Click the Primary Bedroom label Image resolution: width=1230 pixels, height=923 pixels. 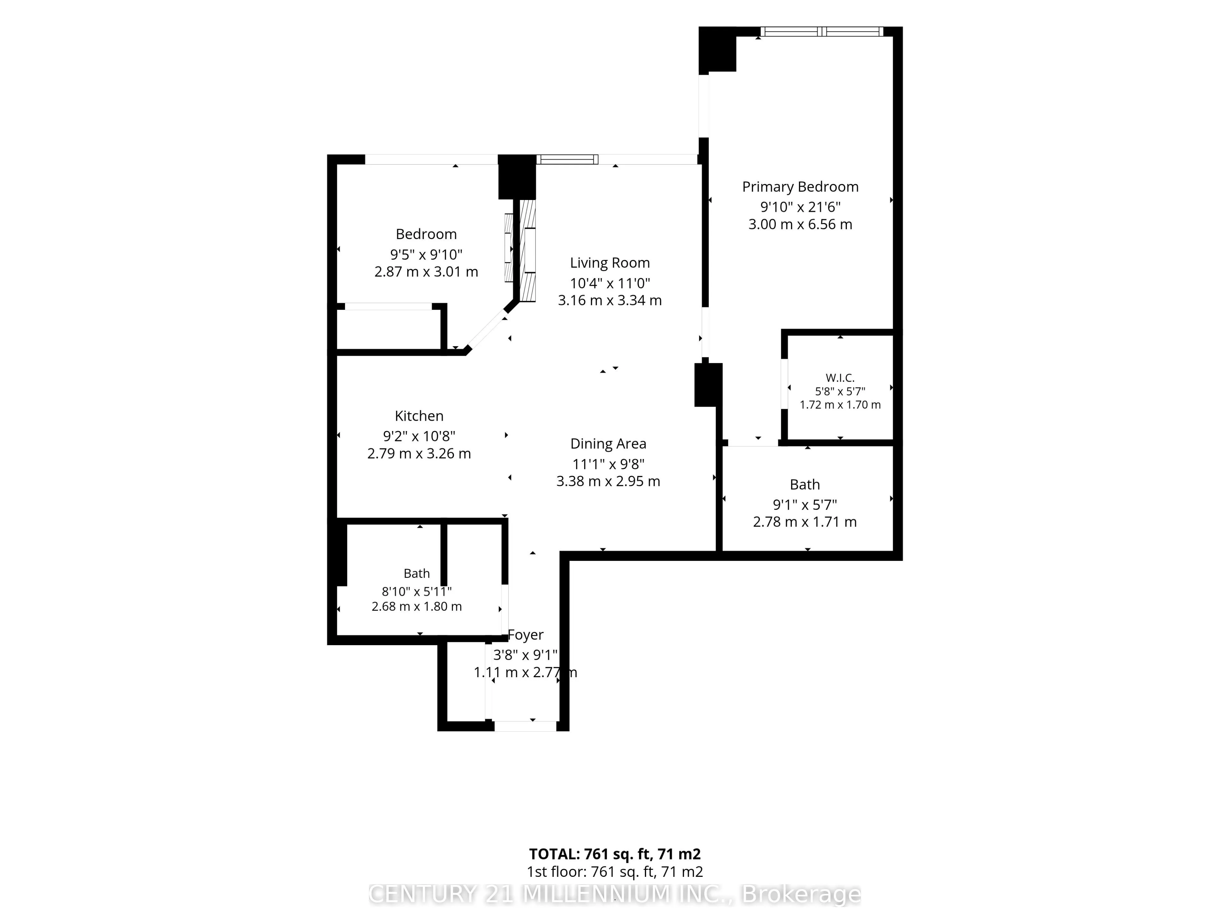(800, 187)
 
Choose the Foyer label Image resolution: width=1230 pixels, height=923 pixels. (526, 635)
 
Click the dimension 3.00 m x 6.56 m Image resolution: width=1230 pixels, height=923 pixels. (800, 224)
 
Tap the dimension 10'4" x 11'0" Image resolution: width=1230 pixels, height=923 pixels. (610, 283)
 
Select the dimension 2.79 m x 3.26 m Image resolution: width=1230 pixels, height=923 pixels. (419, 453)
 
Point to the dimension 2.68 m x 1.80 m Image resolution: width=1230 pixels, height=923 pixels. (416, 606)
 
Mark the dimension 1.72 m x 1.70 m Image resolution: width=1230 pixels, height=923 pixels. (840, 405)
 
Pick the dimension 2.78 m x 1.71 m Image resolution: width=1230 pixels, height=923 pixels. (805, 522)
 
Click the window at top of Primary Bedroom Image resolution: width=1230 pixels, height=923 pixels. (821, 32)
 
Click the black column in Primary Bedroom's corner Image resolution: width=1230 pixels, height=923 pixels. (717, 50)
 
